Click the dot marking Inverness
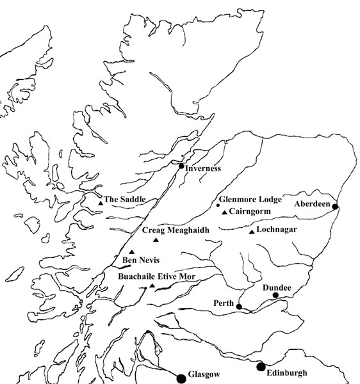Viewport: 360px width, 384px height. (181, 166)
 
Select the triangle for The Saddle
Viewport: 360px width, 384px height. (101, 203)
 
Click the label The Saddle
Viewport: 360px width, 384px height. (124, 200)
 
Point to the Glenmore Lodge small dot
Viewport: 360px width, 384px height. (218, 205)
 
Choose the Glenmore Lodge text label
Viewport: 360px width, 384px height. (250, 200)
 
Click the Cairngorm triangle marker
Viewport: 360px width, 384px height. (224, 212)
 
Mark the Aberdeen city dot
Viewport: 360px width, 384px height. (335, 206)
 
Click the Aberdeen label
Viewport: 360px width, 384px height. (312, 204)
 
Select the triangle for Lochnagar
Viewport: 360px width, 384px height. (251, 232)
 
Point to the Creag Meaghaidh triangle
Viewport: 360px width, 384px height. (156, 240)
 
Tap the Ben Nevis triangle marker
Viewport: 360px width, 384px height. (132, 252)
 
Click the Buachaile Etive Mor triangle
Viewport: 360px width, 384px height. (152, 286)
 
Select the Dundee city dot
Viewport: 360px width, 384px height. (275, 296)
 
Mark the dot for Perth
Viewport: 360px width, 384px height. (239, 307)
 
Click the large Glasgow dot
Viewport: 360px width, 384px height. (181, 378)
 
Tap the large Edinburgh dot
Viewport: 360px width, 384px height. (261, 367)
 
